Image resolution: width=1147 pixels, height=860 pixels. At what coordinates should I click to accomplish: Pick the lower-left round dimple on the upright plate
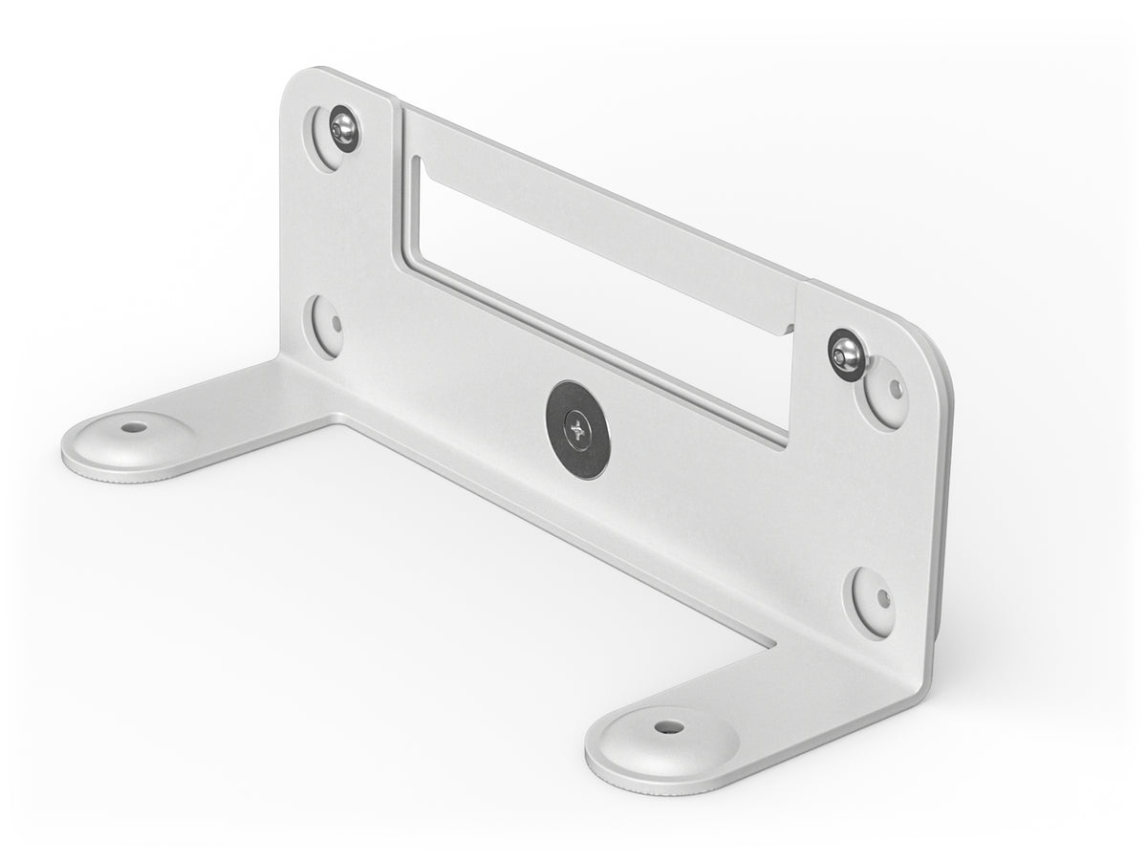(326, 323)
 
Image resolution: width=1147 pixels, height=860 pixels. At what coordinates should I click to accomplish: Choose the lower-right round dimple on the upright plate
(874, 600)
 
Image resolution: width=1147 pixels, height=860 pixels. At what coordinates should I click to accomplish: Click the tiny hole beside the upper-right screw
(895, 388)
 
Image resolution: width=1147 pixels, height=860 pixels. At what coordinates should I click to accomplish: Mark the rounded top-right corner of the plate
(932, 334)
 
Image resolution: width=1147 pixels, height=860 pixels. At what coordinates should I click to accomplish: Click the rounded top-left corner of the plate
(296, 81)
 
